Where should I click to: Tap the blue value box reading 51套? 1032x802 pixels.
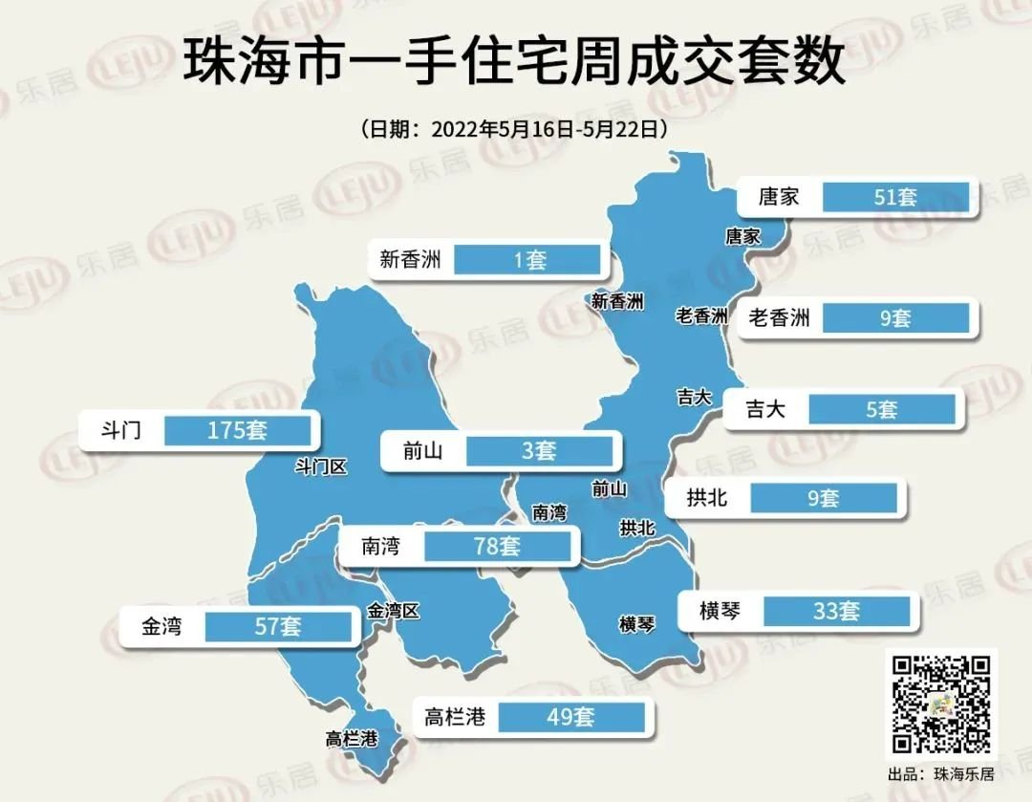tap(895, 198)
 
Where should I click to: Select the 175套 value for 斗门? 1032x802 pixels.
tap(238, 430)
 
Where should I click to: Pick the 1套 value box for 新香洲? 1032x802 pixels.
tap(527, 259)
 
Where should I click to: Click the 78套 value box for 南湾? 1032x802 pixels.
tap(497, 547)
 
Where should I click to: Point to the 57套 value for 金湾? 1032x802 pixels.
tap(278, 627)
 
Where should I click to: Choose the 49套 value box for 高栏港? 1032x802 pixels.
tap(571, 716)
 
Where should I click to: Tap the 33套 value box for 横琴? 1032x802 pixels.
tap(836, 611)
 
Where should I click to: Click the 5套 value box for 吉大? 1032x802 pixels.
tap(881, 410)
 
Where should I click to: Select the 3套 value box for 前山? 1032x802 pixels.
tap(539, 450)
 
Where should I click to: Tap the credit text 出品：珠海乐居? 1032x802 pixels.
tap(940, 773)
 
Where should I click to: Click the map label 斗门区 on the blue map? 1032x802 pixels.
tap(320, 466)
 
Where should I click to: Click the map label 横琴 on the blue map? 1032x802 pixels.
tap(637, 625)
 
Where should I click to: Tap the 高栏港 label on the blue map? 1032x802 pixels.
tap(352, 739)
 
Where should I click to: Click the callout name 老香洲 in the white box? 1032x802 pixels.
tap(779, 317)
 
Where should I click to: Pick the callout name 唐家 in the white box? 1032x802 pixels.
tap(778, 198)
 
